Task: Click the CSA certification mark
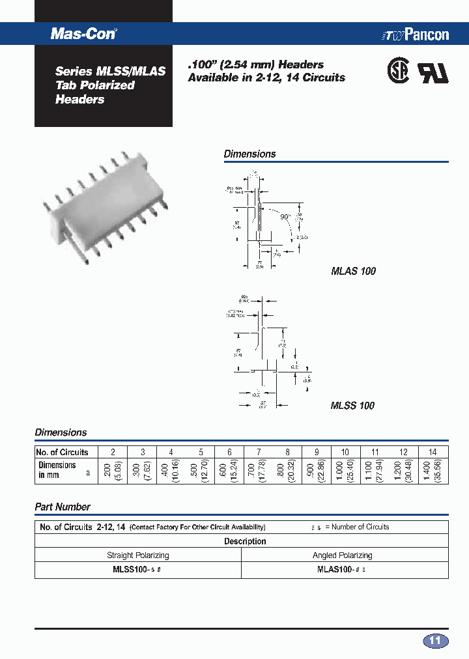(x=398, y=72)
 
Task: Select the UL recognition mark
(x=433, y=73)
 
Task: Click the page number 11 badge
(x=436, y=641)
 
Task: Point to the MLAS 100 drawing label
(x=353, y=271)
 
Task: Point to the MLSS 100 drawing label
(x=352, y=406)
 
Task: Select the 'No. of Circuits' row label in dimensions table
(x=63, y=452)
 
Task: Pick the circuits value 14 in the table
(x=433, y=452)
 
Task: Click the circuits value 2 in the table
(x=113, y=452)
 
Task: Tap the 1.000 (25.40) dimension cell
(x=345, y=471)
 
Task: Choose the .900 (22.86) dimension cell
(x=317, y=471)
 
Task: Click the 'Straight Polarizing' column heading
(x=137, y=555)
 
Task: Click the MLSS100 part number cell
(x=137, y=570)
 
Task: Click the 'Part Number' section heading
(x=63, y=507)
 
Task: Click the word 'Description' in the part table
(x=245, y=541)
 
